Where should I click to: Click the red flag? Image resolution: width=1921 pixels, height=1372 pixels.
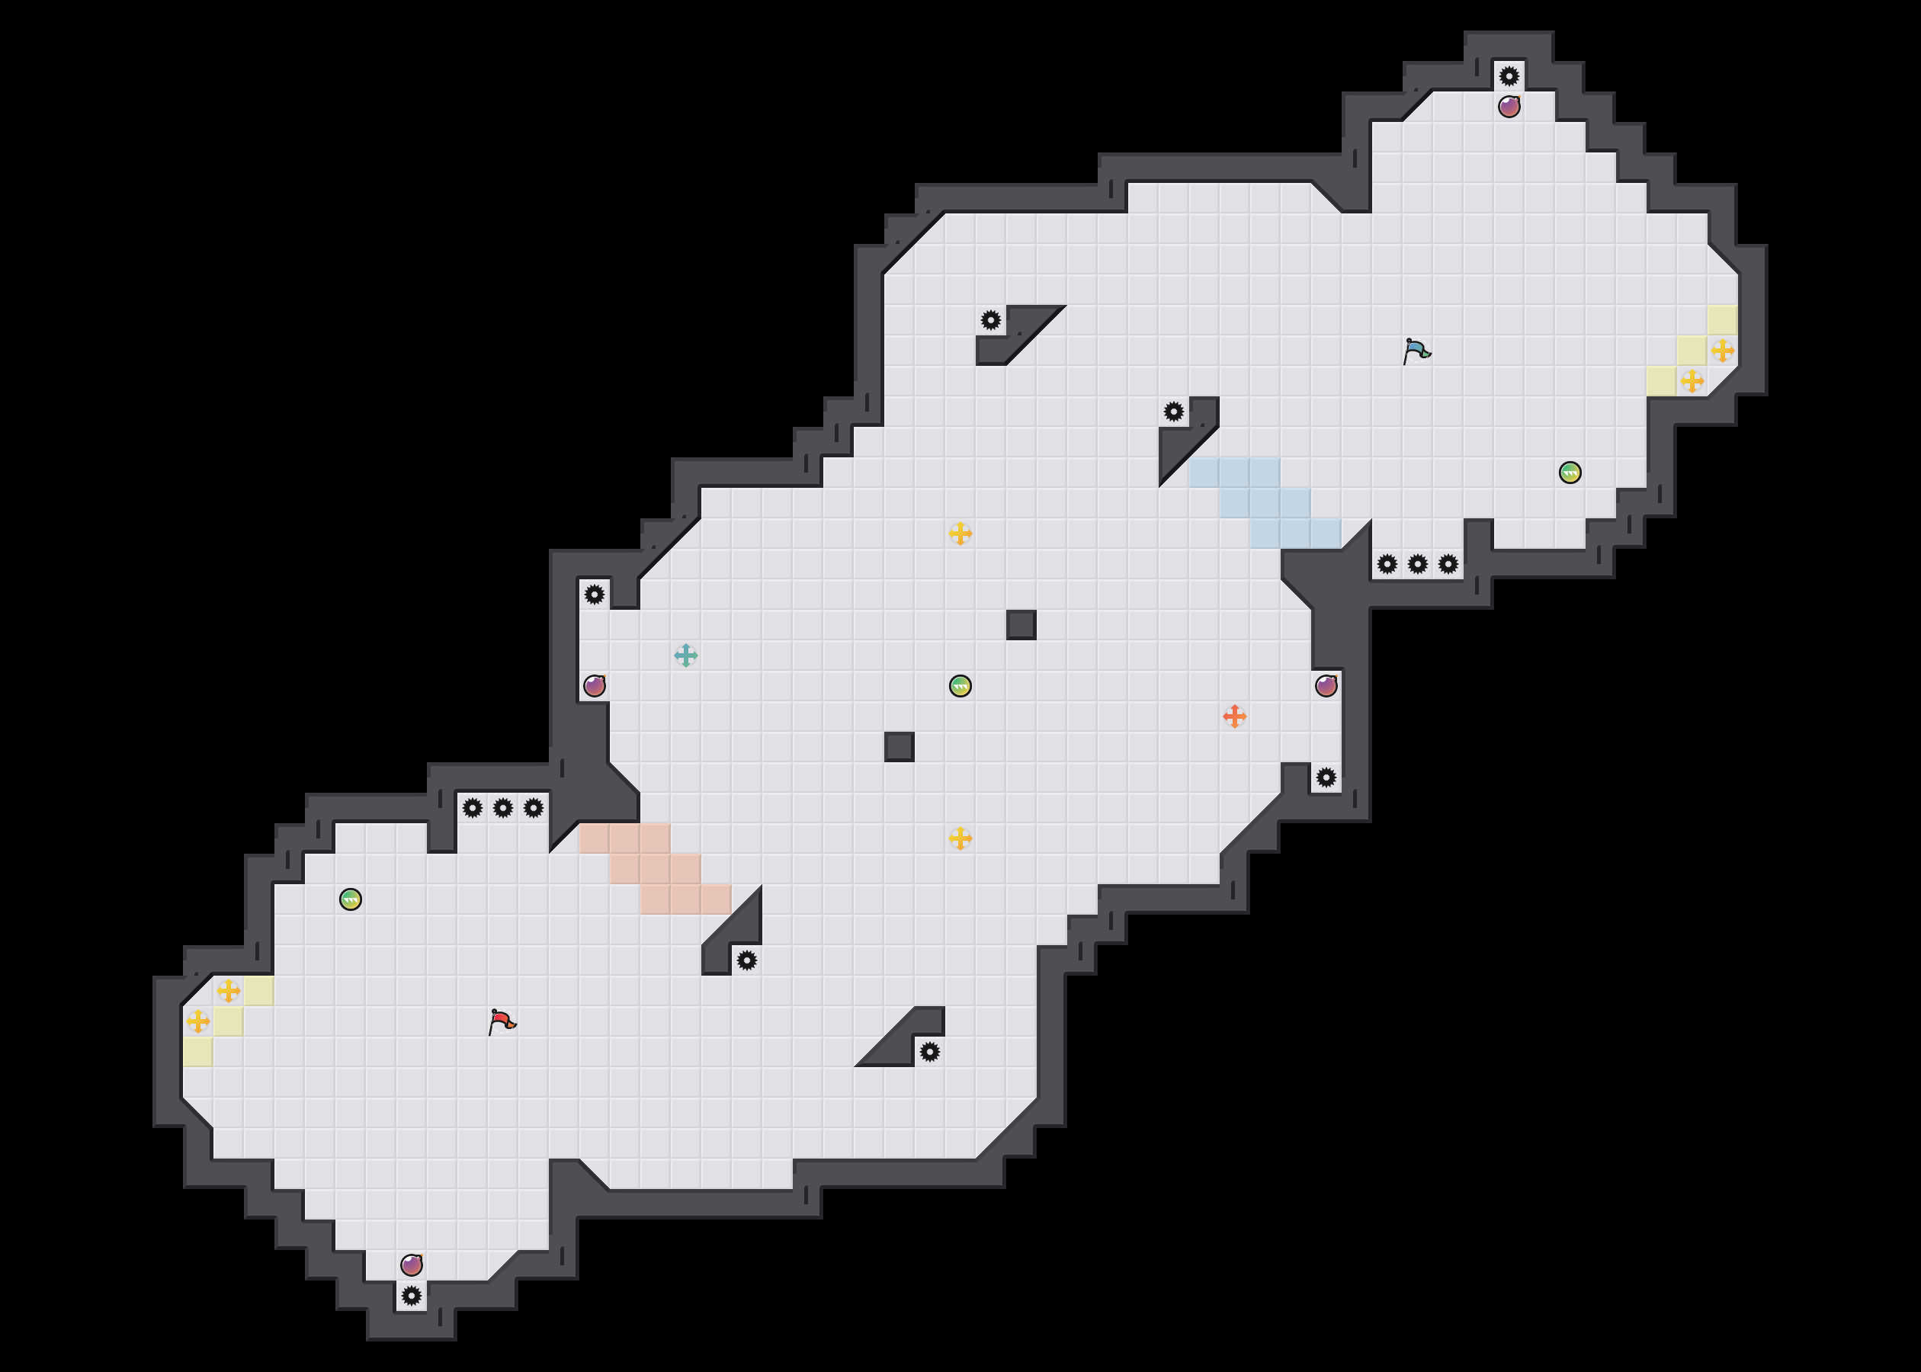coord(502,1021)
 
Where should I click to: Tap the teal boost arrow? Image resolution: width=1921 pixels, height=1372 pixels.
coord(686,655)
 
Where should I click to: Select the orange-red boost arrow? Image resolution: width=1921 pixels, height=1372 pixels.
coord(1234,716)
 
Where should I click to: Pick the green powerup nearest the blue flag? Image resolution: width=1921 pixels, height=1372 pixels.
coord(1570,473)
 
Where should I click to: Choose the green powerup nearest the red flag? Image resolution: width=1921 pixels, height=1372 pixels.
coord(351,899)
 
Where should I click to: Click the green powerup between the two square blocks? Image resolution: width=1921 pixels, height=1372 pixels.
coord(960,685)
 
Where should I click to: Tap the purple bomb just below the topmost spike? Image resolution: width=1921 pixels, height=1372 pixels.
coord(1509,107)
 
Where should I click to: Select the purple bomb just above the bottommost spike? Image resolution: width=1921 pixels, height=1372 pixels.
coord(412,1265)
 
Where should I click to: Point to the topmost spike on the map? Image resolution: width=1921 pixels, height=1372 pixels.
coord(1509,76)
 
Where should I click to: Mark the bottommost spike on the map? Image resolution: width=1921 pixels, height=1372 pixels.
coord(412,1295)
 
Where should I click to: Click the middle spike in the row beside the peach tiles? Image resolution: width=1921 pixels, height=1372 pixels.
coord(502,808)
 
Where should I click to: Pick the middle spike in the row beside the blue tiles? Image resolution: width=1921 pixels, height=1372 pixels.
coord(1418,563)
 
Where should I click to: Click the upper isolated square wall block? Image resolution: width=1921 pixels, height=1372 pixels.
coord(1021,624)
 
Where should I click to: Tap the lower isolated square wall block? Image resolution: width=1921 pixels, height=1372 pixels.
coord(899,747)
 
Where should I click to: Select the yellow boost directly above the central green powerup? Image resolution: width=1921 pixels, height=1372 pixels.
coord(960,533)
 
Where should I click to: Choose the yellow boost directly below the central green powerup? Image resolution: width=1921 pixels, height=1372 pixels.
coord(960,838)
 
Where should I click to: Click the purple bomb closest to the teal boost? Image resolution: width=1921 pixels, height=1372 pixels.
coord(595,685)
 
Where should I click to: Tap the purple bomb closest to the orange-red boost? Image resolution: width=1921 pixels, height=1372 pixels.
coord(1326,685)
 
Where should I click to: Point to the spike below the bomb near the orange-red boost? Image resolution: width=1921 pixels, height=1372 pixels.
coord(1326,777)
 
